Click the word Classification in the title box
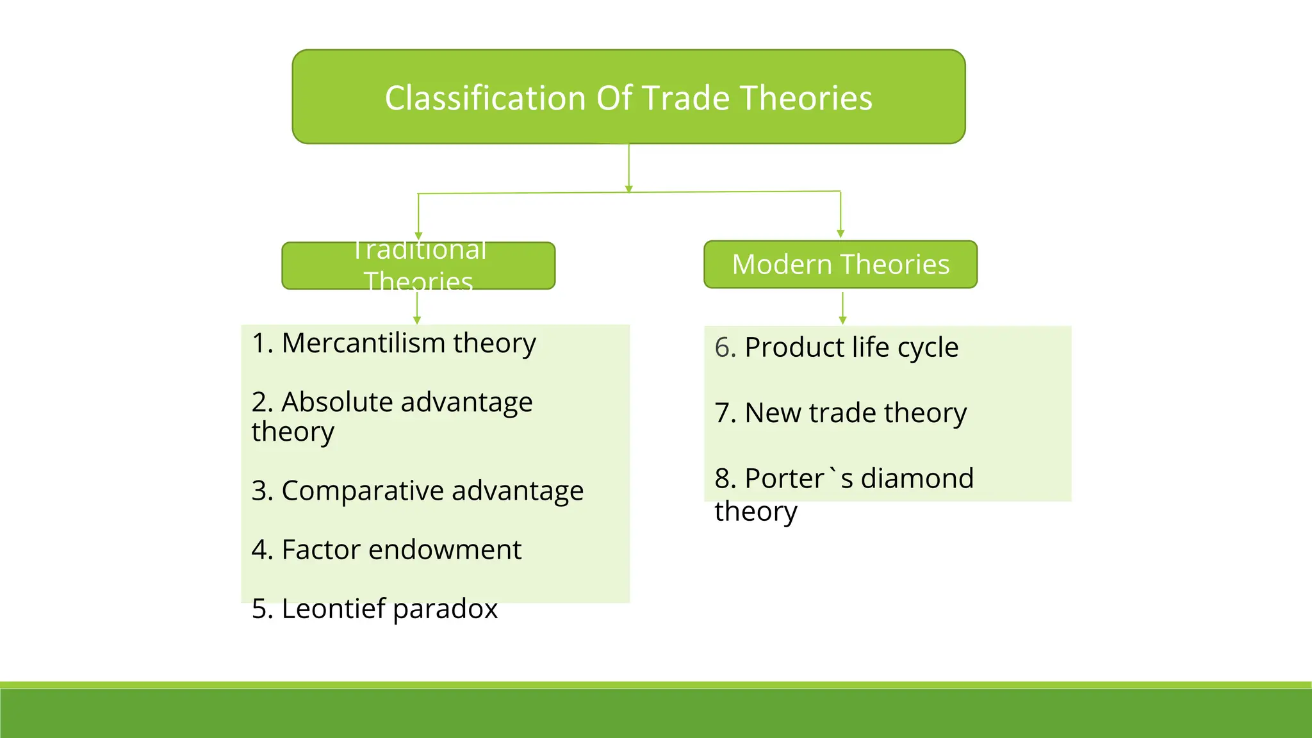[484, 99]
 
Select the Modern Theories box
[840, 265]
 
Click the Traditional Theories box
[418, 266]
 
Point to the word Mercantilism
[363, 343]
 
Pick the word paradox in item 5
[445, 609]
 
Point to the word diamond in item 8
[917, 479]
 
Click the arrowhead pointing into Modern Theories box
[840, 234]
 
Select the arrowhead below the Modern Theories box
[842, 320]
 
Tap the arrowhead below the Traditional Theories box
[417, 320]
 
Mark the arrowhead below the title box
[629, 189]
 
